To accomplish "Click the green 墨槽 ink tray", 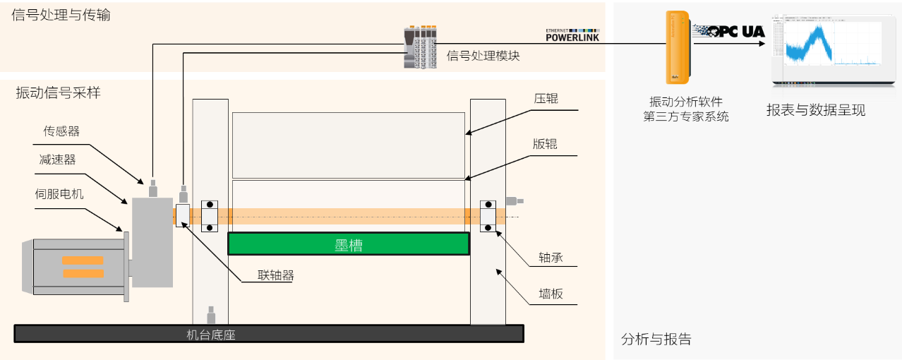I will [348, 244].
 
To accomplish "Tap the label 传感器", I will [61, 131].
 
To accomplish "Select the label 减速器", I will [57, 160].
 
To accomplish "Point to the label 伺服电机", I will [59, 193].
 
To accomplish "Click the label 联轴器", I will [275, 275].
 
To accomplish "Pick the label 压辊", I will [546, 99].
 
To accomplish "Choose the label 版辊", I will [545, 144].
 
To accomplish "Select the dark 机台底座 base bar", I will [268, 334].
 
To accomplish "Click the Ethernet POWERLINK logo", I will [572, 35].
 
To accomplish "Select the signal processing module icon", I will [420, 47].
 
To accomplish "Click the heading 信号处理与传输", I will [61, 15].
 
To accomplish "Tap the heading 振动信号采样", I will [59, 92].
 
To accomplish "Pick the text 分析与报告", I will [656, 340].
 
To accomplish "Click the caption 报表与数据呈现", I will [816, 110].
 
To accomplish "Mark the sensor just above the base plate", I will [210, 315].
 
